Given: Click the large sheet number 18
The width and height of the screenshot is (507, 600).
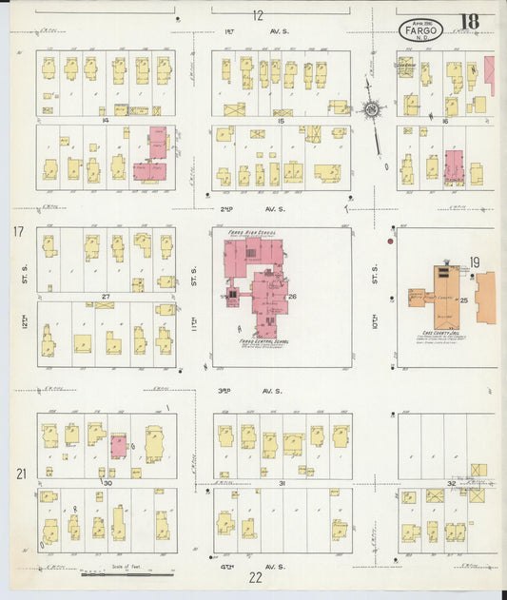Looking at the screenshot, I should [470, 22].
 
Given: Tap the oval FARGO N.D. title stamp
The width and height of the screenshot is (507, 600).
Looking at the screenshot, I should [420, 29].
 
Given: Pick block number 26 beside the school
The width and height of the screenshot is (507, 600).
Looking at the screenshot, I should [293, 298].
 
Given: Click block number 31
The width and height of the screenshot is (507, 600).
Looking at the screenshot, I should [282, 483].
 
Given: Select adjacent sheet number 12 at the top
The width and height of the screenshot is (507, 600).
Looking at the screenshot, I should [258, 15].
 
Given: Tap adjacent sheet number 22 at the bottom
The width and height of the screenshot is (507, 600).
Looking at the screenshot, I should [256, 576].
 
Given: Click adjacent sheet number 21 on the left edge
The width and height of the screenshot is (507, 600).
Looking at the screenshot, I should [18, 474].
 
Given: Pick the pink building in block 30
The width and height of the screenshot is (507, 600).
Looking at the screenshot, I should [118, 446].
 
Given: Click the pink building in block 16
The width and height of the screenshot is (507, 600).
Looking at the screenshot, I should [455, 165].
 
